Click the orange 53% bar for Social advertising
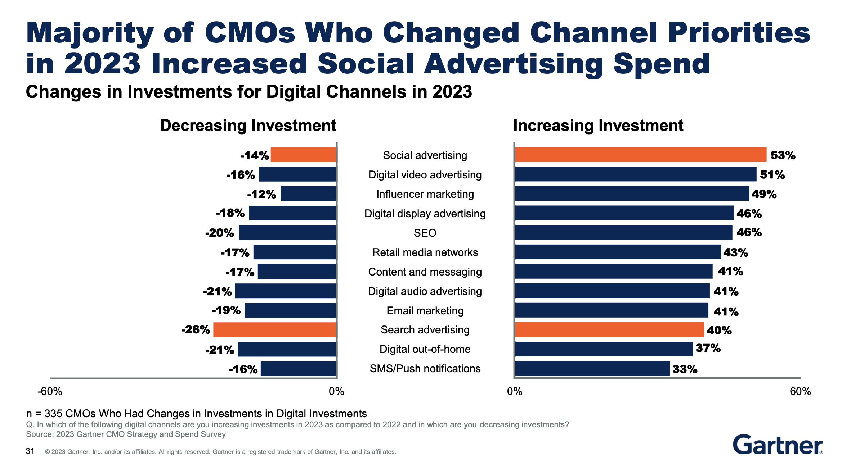click(x=640, y=155)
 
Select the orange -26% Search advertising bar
click(x=274, y=329)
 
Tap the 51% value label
click(x=772, y=175)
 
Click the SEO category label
click(x=425, y=233)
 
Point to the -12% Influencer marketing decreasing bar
click(x=308, y=194)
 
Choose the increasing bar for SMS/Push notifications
click(x=592, y=369)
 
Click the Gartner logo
click(x=778, y=445)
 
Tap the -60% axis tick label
click(x=50, y=391)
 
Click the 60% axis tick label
click(x=800, y=391)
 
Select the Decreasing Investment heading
click(x=248, y=126)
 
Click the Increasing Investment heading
click(x=598, y=126)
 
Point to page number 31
click(x=30, y=451)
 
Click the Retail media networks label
click(x=425, y=252)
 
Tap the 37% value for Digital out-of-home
click(x=708, y=348)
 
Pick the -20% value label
click(x=219, y=233)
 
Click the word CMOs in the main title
click(x=250, y=33)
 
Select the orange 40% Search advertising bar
click(x=609, y=329)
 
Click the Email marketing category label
click(x=425, y=311)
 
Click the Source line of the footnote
click(x=126, y=434)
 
